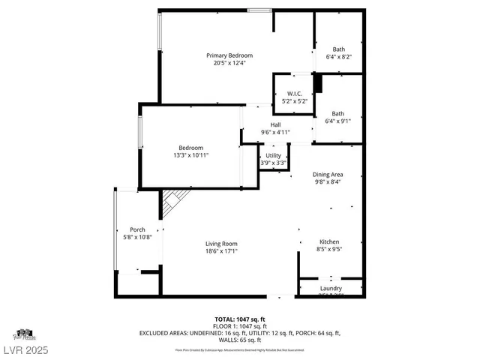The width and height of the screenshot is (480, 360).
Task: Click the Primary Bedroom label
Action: pos(229,55)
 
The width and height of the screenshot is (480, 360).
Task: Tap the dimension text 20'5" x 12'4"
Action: pos(229,63)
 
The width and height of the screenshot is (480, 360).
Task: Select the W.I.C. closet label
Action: pos(294,94)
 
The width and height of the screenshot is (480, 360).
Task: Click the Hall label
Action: pos(275,125)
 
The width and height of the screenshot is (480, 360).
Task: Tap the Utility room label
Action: pos(273,155)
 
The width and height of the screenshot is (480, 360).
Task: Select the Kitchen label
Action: pos(330,242)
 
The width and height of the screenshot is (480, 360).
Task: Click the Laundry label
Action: pos(331,289)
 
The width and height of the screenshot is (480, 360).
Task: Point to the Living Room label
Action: pos(222,244)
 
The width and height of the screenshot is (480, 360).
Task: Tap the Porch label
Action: pos(137,229)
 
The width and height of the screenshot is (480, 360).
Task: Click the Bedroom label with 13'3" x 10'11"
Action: pos(190,148)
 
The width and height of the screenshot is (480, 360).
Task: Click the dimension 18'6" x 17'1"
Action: pos(222,251)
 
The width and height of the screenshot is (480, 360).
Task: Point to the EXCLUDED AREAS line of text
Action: pos(240,332)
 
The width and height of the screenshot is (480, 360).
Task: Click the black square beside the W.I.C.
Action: pos(317,82)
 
